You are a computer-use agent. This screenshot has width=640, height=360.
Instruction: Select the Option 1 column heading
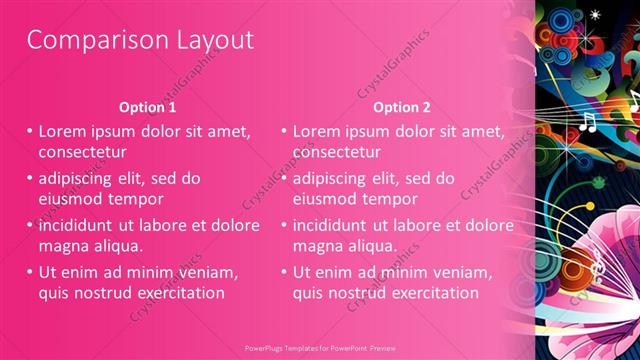click(147, 107)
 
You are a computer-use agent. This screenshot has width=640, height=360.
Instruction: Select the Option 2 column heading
click(402, 107)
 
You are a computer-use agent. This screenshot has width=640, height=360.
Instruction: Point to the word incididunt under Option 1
click(83, 224)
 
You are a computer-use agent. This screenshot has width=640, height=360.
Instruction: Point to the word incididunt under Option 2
click(337, 224)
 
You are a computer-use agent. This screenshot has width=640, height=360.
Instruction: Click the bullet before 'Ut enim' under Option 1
click(30, 271)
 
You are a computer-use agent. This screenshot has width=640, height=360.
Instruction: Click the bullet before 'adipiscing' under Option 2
click(284, 178)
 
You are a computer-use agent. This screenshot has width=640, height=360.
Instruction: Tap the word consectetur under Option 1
click(82, 153)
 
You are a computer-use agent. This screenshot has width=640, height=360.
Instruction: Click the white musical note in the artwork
click(588, 122)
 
